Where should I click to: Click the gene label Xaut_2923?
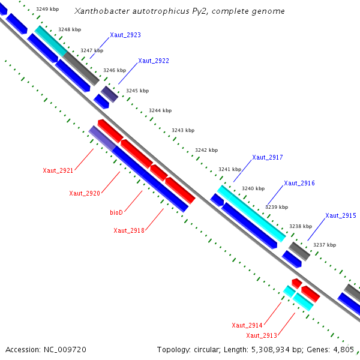125,35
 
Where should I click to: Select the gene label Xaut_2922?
154,61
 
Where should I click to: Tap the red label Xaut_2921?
58,171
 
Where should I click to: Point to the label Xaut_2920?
84,193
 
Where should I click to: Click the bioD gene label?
116,212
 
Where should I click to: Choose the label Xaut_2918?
128,230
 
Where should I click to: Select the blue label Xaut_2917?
267,158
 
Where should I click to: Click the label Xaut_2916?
299,184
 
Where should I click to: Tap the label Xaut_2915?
341,216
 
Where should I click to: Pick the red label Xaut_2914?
247,325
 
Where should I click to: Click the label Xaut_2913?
261,335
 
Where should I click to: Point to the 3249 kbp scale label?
47,10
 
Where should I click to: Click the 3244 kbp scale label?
160,110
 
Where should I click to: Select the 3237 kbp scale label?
325,245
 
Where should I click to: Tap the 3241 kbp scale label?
229,170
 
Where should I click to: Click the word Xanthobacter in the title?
99,11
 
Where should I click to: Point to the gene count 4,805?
344,349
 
